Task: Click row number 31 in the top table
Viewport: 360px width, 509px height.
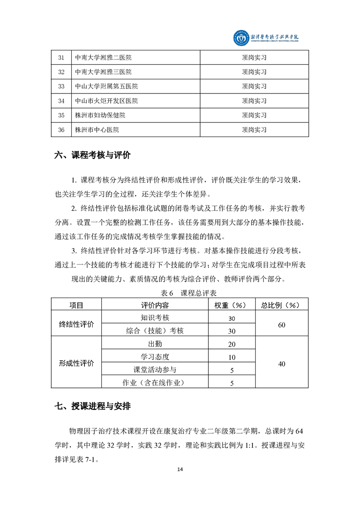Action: click(x=62, y=57)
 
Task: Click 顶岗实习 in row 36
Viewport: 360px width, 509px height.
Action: click(x=254, y=130)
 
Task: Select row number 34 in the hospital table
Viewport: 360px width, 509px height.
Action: click(x=62, y=101)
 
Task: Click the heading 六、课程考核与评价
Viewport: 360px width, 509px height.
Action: click(x=93, y=155)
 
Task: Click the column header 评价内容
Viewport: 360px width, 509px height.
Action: click(x=155, y=305)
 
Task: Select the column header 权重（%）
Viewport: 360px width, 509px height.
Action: click(x=232, y=305)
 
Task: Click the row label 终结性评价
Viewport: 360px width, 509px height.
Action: click(x=77, y=324)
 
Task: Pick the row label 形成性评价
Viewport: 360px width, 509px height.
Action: click(x=77, y=363)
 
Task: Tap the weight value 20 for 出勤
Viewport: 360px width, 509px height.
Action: click(x=232, y=344)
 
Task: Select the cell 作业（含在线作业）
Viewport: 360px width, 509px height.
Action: click(x=155, y=383)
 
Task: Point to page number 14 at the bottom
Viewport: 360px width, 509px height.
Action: click(x=180, y=469)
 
